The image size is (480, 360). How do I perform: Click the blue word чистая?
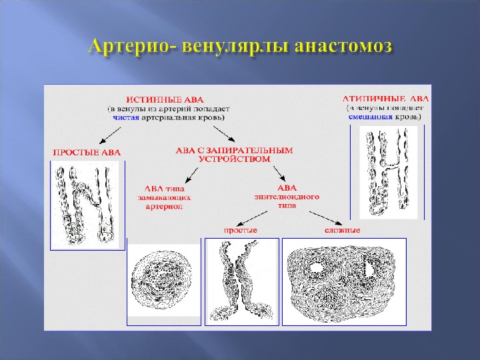coord(125,116)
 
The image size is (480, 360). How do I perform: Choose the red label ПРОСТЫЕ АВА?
coord(87,152)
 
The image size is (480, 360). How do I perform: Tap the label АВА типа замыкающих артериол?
coord(169,197)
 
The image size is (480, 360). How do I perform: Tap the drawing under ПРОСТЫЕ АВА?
coord(87,204)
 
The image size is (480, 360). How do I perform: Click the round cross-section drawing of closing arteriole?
coord(163,281)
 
